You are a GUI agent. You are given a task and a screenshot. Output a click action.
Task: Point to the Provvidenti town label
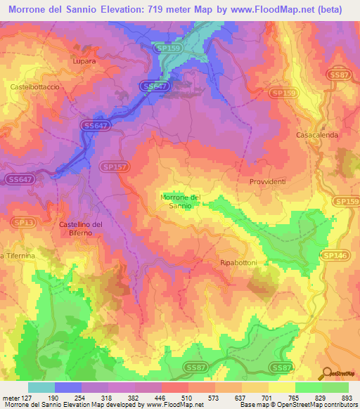267,181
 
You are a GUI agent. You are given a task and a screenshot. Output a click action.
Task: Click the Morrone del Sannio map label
181,202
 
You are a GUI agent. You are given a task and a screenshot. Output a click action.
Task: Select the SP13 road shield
24,222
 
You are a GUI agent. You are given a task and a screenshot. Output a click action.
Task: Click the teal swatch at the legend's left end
41,387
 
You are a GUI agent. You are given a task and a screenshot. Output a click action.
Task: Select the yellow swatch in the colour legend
281,387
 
